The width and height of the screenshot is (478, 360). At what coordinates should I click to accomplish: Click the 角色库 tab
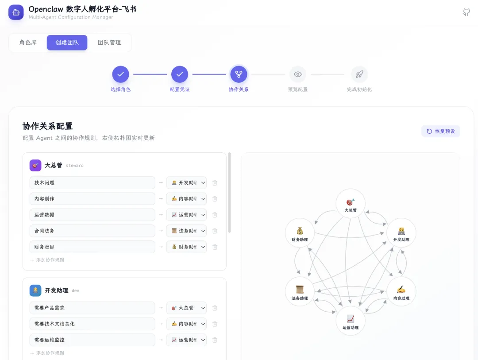pos(28,43)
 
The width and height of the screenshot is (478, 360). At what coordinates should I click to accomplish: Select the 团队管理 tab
pos(109,43)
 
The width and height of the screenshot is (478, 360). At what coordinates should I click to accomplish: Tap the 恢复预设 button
pos(441,131)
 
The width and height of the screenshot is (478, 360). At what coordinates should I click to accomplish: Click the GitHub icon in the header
pos(466,12)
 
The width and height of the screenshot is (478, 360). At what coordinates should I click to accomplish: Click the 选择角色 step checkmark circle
pos(120,74)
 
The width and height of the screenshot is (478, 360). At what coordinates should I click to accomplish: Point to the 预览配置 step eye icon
pos(298,74)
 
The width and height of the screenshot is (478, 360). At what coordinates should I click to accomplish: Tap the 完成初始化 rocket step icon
pos(359,74)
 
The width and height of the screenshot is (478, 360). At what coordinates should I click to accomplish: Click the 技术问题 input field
pos(92,182)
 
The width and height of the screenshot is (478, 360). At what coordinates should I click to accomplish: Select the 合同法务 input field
pos(92,231)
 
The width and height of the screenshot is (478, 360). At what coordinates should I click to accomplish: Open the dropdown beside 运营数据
pos(186,215)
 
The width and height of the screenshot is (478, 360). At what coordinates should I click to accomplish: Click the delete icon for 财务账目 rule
pos(215,247)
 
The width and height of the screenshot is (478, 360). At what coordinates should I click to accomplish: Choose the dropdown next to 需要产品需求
pos(186,308)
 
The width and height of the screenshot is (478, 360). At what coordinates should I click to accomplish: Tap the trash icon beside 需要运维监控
pos(215,340)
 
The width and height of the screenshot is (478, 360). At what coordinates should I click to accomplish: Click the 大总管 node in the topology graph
pos(351,203)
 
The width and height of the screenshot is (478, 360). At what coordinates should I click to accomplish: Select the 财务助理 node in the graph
pos(300,233)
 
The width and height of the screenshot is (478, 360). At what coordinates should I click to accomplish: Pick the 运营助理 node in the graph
pos(351,321)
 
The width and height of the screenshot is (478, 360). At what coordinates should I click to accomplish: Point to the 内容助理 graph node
pos(401,291)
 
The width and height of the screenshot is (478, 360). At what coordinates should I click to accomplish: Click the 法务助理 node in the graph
pos(300,291)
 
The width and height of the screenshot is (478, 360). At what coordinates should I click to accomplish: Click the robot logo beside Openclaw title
pos(16,12)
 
